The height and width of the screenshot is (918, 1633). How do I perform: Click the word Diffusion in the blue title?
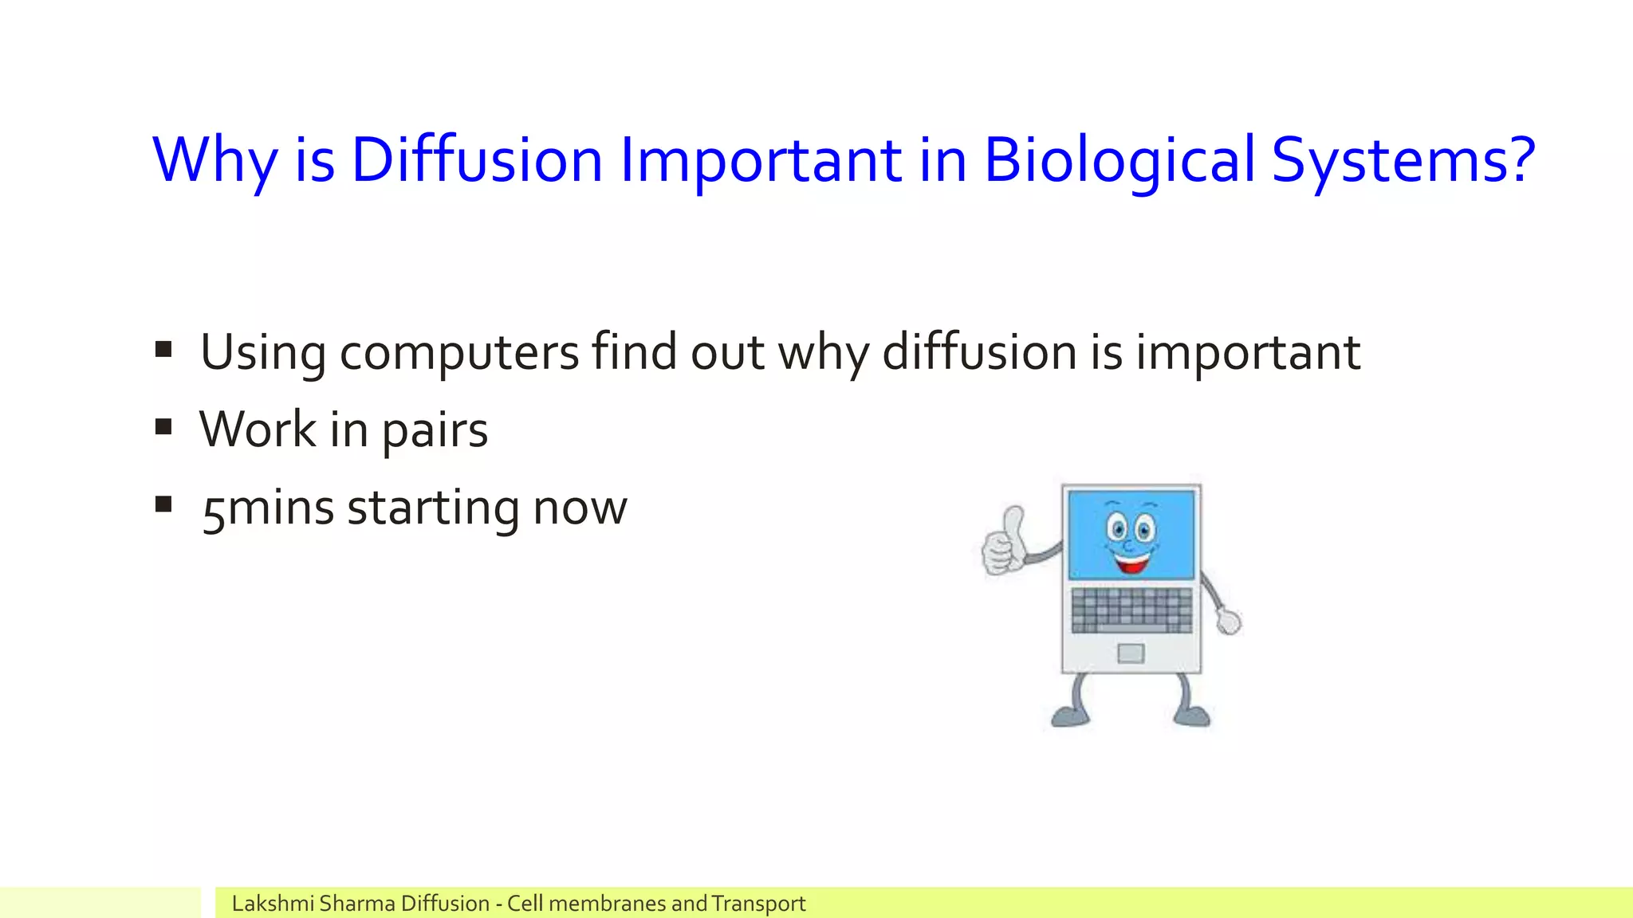pyautogui.click(x=476, y=160)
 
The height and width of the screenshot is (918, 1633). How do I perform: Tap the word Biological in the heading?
pyautogui.click(x=1119, y=160)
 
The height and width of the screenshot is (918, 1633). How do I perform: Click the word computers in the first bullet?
pyautogui.click(x=459, y=353)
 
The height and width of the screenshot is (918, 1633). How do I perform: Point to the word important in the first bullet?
pyautogui.click(x=1248, y=353)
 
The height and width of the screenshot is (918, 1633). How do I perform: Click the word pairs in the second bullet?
pyautogui.click(x=435, y=431)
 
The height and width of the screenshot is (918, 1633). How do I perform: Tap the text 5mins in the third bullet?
pyautogui.click(x=267, y=508)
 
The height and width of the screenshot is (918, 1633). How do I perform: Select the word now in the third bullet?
pyautogui.click(x=580, y=510)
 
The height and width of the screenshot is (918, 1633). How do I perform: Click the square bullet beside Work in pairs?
pyautogui.click(x=164, y=427)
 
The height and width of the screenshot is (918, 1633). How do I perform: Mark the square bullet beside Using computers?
pyautogui.click(x=164, y=349)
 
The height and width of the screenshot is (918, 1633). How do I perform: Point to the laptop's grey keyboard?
pyautogui.click(x=1131, y=610)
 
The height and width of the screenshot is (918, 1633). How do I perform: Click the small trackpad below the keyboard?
pyautogui.click(x=1131, y=653)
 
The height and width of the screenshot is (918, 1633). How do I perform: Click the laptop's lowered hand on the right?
pyautogui.click(x=1229, y=621)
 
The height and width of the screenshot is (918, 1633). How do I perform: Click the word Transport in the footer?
pyautogui.click(x=758, y=904)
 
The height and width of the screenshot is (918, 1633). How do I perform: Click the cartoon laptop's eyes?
pyautogui.click(x=1131, y=528)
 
